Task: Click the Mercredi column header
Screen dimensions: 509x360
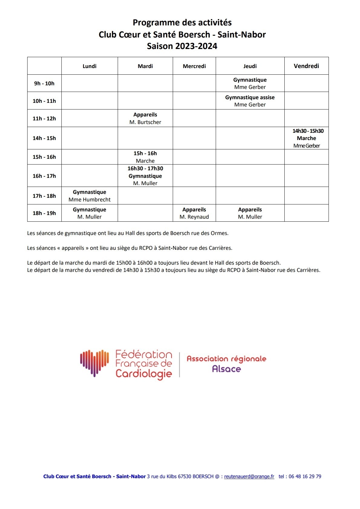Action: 194,66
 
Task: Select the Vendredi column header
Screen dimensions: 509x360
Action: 306,66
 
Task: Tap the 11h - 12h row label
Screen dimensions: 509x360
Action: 44,119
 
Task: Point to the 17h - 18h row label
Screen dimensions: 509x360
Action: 44,196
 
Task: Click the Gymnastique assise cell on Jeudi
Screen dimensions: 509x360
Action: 250,101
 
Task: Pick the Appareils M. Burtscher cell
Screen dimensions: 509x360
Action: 145,118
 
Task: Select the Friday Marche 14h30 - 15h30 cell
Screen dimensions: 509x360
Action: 306,138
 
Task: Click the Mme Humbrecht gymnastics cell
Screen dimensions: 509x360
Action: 90,196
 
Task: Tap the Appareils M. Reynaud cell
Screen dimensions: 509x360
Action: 194,213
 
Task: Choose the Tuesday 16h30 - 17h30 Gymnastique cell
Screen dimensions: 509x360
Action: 145,176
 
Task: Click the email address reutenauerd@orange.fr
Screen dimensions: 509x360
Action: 249,476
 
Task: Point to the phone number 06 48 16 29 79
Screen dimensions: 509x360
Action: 305,476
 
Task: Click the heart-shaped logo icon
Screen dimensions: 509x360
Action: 94,363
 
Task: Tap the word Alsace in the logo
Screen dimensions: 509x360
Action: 226,369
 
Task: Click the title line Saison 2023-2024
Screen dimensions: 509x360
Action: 182,46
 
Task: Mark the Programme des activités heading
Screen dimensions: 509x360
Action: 182,23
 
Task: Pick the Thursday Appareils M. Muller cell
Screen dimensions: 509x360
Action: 250,213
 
